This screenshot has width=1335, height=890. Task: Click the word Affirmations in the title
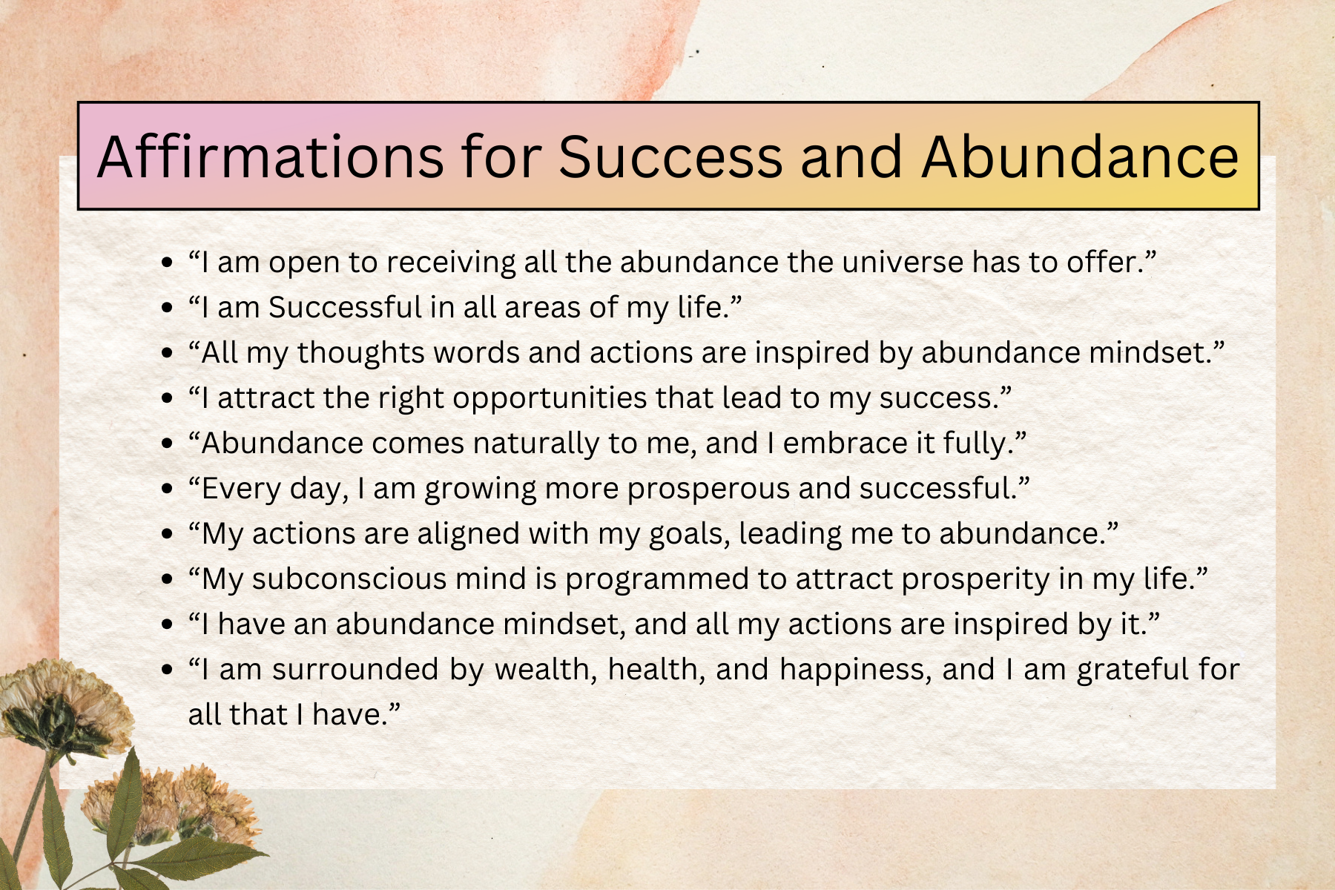pos(270,156)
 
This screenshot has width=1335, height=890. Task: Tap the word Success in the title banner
pos(670,156)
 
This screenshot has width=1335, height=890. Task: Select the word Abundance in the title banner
pos(1080,156)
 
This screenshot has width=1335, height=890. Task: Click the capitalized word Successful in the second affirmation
pos(345,307)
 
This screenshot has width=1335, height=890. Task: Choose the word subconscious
pos(349,579)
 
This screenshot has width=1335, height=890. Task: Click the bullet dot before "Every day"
pos(167,489)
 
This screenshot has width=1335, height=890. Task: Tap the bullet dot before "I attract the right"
pos(167,399)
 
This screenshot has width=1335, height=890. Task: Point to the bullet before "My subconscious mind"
pos(167,580)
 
